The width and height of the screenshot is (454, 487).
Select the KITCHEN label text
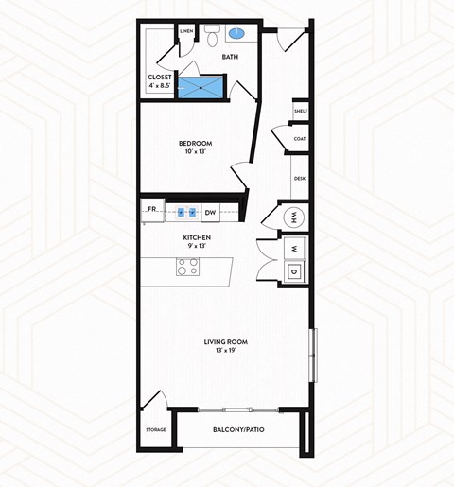coord(196,237)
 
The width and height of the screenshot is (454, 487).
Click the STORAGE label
coord(156,430)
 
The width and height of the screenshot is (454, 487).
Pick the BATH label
coord(230,57)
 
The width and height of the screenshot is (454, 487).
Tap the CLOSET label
coord(159,78)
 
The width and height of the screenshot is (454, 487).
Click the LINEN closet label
coord(186,31)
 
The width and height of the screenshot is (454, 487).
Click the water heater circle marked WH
coord(292,217)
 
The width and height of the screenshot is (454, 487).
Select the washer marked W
coord(293,249)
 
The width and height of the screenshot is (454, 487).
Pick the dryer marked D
coord(293,273)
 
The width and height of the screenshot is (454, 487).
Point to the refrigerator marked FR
coord(152,210)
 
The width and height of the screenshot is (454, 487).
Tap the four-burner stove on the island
coord(187,268)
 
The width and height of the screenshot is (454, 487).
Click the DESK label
coord(299,178)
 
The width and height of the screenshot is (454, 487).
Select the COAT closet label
coord(299,139)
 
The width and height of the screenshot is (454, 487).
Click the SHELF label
coord(300,111)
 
